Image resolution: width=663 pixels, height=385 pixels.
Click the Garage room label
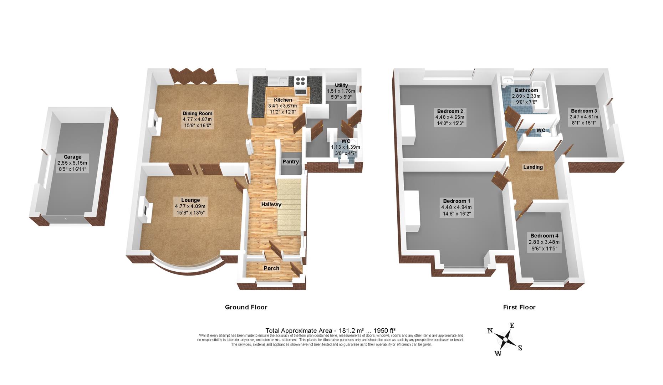[72, 157]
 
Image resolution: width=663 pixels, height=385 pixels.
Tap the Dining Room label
[197, 114]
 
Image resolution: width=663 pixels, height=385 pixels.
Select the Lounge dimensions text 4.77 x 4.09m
[190, 206]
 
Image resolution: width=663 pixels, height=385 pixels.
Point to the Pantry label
[291, 162]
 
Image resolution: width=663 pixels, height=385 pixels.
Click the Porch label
[271, 268]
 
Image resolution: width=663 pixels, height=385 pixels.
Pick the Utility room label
[341, 85]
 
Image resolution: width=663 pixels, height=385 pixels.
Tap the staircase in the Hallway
[289, 207]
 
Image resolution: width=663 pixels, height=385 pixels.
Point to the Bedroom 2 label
[450, 111]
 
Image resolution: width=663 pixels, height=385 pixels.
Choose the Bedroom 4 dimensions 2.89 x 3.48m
[544, 242]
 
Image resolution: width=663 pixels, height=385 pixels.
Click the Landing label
[533, 167]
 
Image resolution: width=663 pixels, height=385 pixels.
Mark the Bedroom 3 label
[584, 111]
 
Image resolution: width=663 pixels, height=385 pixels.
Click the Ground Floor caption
[246, 307]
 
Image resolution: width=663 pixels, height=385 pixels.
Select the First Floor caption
[519, 307]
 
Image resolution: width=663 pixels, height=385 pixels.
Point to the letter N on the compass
[490, 331]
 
